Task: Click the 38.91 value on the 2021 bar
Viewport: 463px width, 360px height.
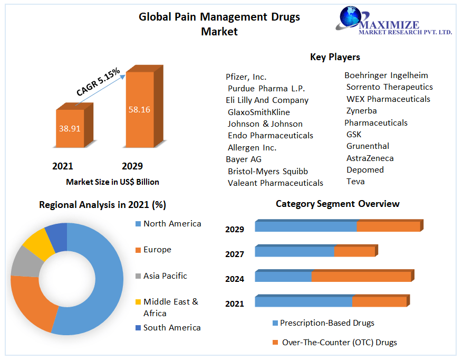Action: click(70, 128)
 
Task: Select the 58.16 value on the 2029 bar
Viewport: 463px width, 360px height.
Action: click(139, 110)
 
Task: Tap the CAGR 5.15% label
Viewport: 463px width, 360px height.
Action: click(98, 82)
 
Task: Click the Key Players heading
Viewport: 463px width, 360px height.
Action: click(335, 57)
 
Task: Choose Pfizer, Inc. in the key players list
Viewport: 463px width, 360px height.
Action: click(246, 77)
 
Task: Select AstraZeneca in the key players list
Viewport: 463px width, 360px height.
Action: click(370, 158)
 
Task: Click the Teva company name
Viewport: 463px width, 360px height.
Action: click(355, 181)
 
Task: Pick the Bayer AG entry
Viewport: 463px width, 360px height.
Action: click(244, 159)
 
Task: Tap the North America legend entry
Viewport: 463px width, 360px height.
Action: click(172, 224)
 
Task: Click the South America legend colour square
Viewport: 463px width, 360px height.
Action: click(138, 328)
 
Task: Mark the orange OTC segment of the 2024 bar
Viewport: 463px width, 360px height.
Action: click(361, 277)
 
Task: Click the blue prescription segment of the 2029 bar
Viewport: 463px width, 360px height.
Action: click(306, 226)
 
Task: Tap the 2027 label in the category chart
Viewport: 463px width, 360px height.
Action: click(235, 254)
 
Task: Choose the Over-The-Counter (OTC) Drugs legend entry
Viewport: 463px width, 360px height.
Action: click(339, 342)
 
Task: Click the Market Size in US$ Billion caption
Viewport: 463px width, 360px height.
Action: click(112, 182)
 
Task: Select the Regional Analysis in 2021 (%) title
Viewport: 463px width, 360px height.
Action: click(102, 205)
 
